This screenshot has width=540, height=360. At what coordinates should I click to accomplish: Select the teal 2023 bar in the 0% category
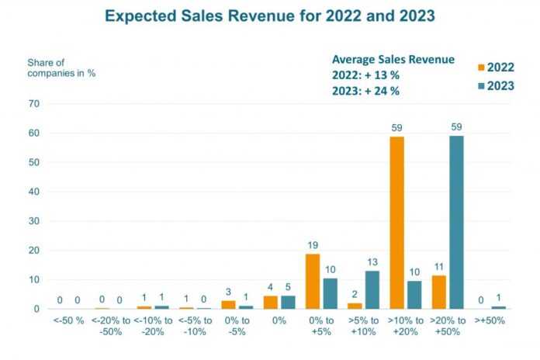[289, 302]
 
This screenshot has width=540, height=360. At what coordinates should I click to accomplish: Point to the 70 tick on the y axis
[34, 104]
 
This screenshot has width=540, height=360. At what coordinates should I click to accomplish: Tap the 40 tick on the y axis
[34, 192]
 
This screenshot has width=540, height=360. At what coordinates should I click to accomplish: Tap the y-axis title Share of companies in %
[61, 67]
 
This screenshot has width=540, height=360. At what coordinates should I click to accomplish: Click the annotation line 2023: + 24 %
[365, 91]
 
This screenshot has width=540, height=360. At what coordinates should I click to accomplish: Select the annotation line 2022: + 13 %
[365, 75]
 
